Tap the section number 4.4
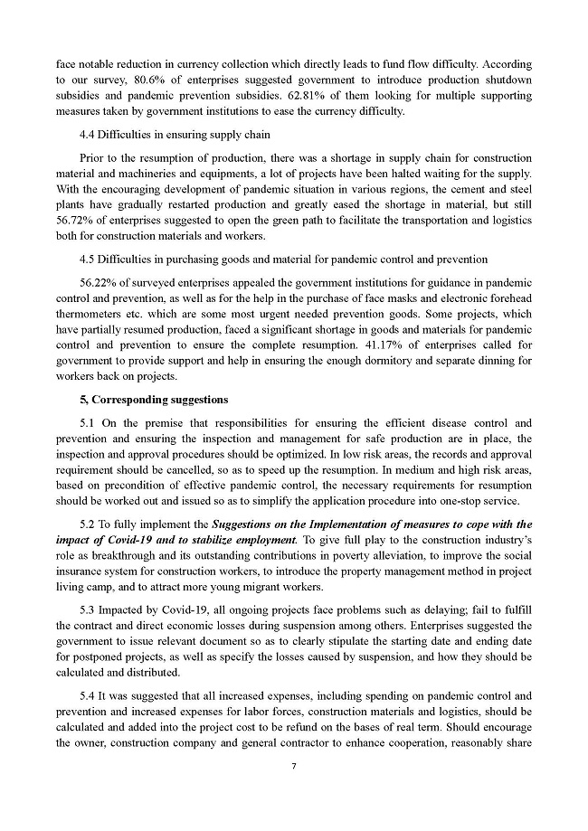[x=90, y=136]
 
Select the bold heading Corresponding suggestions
[x=153, y=399]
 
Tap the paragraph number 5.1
[x=90, y=423]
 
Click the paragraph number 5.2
[x=90, y=524]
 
